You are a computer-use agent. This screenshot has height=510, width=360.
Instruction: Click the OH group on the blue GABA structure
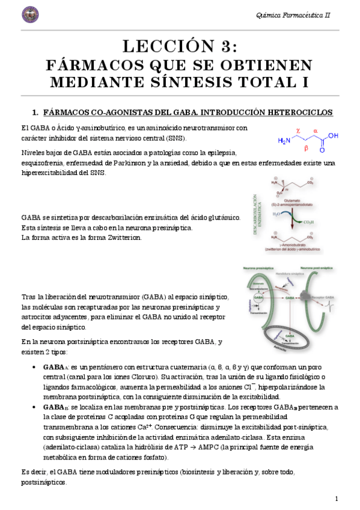click(334, 135)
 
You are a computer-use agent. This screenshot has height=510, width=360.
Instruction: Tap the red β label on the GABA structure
click(306, 148)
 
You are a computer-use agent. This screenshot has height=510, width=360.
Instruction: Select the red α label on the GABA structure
click(315, 129)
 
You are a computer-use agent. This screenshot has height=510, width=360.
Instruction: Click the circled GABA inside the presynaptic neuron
click(258, 298)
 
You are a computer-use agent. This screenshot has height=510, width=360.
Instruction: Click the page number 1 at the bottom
click(337, 499)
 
